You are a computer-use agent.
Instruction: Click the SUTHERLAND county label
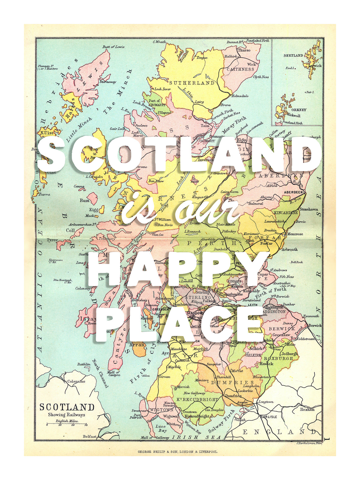coord(192,83)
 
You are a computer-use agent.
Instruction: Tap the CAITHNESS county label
coord(240,69)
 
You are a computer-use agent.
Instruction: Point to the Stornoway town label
coord(108,82)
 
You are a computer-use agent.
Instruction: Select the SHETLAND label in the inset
coord(293,55)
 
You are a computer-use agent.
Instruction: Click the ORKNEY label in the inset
coord(299,110)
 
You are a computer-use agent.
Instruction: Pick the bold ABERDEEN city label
coord(293,192)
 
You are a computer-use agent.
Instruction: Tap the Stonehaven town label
coord(309,209)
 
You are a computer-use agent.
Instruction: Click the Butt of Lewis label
coord(113,47)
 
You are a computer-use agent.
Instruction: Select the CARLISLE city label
coord(268,417)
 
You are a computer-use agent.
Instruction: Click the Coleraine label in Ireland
coord(76,381)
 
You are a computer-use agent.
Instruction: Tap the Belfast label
coord(90,436)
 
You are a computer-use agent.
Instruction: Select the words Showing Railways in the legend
coord(67,415)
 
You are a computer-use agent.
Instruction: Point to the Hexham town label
coord(307,409)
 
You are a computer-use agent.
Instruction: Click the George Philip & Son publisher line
coord(178,451)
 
